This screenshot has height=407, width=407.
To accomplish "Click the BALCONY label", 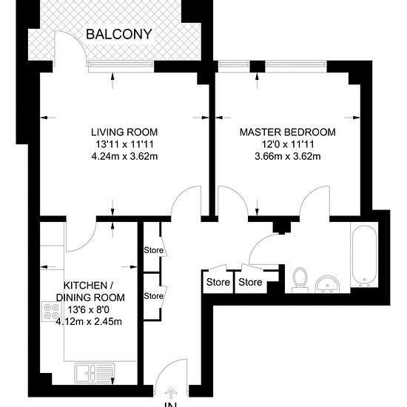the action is pyautogui.click(x=119, y=34).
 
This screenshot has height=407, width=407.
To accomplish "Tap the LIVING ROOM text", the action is pyautogui.click(x=124, y=132).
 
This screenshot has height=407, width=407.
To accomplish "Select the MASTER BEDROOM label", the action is pyautogui.click(x=288, y=132).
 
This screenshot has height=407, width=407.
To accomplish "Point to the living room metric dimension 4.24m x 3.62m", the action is pyautogui.click(x=124, y=157).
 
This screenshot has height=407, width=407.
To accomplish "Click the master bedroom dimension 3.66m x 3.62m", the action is pyautogui.click(x=288, y=157).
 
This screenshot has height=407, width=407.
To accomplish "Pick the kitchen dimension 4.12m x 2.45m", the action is pyautogui.click(x=89, y=322).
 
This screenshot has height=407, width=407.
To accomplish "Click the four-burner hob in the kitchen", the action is pyautogui.click(x=51, y=312).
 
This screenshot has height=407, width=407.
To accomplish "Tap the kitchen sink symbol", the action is pyautogui.click(x=95, y=373).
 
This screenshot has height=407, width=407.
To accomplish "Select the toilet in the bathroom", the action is pyautogui.click(x=300, y=280).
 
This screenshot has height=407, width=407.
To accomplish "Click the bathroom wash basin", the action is pyautogui.click(x=328, y=284).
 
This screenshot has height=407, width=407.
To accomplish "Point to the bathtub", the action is pyautogui.click(x=364, y=256).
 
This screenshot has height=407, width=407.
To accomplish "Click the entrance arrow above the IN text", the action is pyautogui.click(x=171, y=393).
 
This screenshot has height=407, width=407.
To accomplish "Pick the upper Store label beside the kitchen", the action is pyautogui.click(x=154, y=250).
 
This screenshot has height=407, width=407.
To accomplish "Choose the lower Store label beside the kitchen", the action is pyautogui.click(x=154, y=296).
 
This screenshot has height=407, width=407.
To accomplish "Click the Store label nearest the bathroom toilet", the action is pyautogui.click(x=250, y=282).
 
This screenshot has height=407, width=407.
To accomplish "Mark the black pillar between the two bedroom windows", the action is pyautogui.click(x=258, y=67).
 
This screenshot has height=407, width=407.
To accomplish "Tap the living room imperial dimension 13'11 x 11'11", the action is pyautogui.click(x=124, y=144).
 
